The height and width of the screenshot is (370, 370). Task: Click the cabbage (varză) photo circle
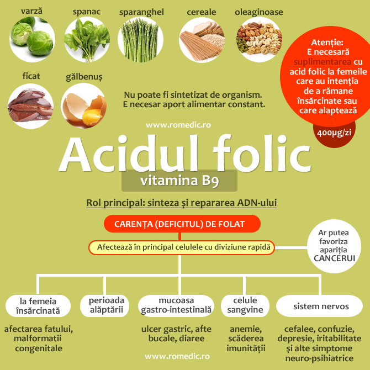click(32, 40)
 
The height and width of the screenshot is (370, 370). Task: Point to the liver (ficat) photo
click(30, 105)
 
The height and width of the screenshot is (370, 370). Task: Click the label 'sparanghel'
click(141, 11)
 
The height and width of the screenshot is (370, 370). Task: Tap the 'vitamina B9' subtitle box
click(179, 181)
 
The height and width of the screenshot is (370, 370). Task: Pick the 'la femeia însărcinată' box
click(39, 306)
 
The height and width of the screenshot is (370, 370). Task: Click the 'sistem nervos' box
click(320, 305)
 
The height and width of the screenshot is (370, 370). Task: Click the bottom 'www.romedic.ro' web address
click(178, 357)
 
